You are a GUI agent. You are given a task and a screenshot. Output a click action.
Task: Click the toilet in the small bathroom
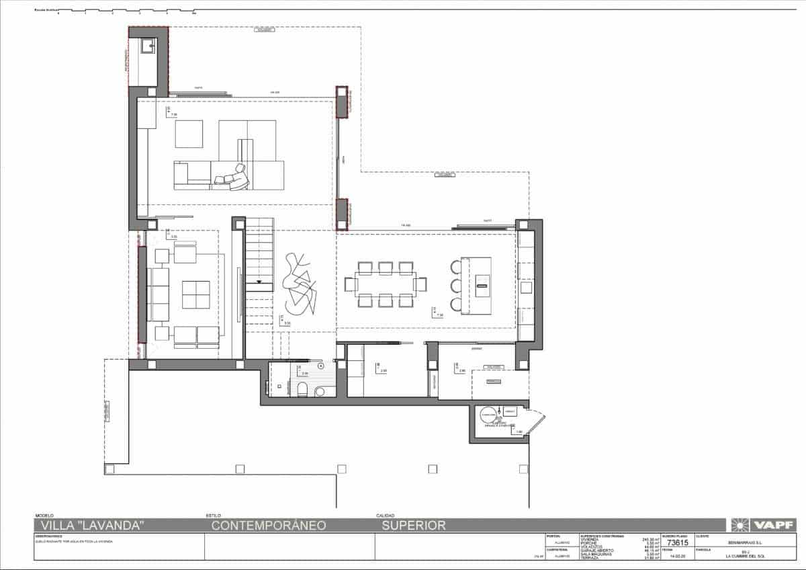pyautogui.click(x=302, y=389)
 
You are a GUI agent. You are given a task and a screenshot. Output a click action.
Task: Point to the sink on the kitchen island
pyautogui.click(x=481, y=285)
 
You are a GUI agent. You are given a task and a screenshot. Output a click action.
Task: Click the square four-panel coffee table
pyautogui.click(x=196, y=294)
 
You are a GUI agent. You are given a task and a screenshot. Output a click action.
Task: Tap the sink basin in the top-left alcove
pyautogui.click(x=148, y=46)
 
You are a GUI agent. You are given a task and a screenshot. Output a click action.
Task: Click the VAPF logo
pyautogui.click(x=765, y=525)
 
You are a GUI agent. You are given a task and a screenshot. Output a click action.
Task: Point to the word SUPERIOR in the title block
pyautogui.click(x=414, y=526)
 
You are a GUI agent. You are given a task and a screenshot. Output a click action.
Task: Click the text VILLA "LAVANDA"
pyautogui.click(x=92, y=526)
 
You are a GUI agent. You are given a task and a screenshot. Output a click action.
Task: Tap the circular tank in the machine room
pyautogui.click(x=488, y=417)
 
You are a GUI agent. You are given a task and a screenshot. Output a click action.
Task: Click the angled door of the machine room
pyautogui.click(x=535, y=422)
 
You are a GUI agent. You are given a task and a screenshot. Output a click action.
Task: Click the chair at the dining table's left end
pyautogui.click(x=350, y=284)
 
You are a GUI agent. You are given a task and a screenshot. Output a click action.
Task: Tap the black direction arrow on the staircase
pyautogui.click(x=259, y=280)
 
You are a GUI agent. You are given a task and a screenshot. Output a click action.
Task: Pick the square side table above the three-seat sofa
pyautogui.click(x=161, y=255)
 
